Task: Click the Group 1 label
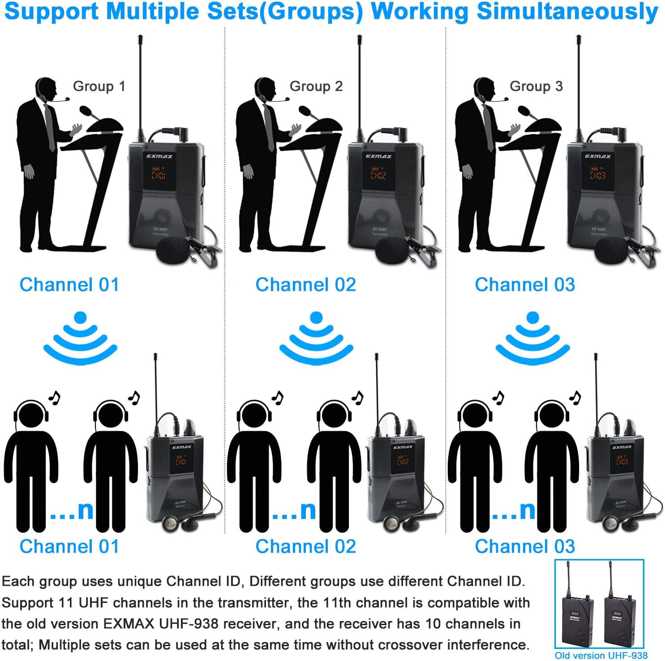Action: click(x=99, y=86)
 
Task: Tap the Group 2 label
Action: click(x=316, y=86)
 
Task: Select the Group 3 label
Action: click(x=536, y=86)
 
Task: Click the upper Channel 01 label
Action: click(x=69, y=285)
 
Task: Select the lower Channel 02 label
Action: click(x=305, y=546)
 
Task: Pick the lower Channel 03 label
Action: click(x=525, y=546)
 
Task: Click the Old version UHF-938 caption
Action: click(x=601, y=656)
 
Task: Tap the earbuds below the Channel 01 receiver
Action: click(x=179, y=523)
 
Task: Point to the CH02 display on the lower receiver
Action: click(x=403, y=461)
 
